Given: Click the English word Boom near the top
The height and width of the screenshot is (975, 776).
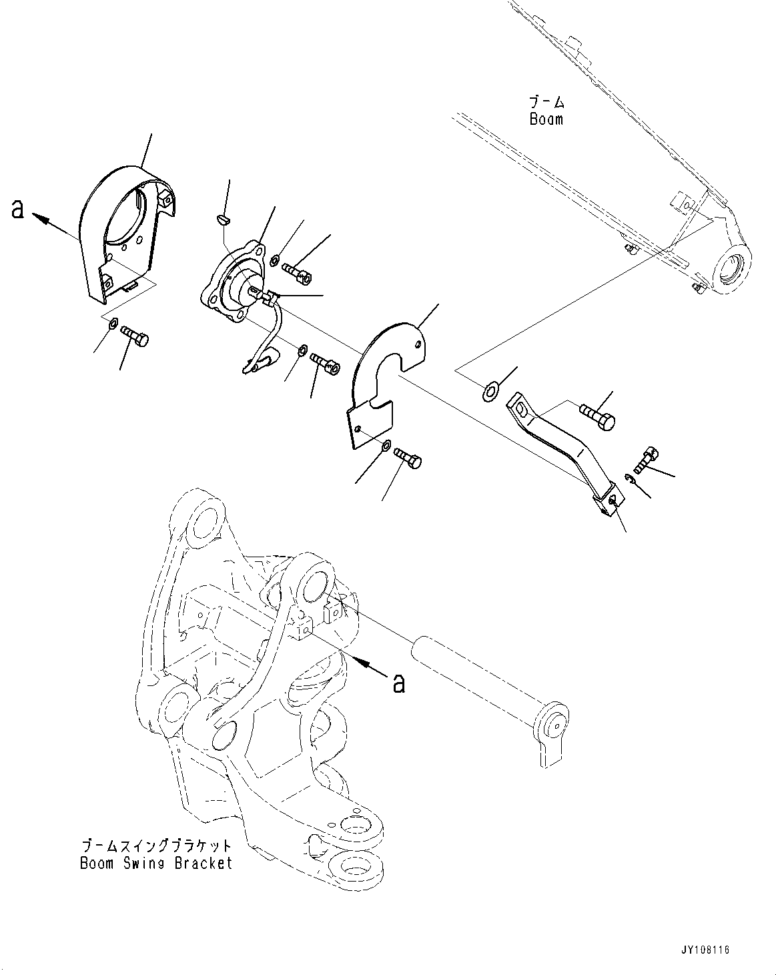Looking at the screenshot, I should coord(546,119).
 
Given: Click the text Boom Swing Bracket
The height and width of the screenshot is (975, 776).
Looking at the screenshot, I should coord(156,863).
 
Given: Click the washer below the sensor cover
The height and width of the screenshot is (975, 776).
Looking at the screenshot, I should coord(113,324).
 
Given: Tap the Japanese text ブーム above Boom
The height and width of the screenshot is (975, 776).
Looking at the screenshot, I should coord(546,102).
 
